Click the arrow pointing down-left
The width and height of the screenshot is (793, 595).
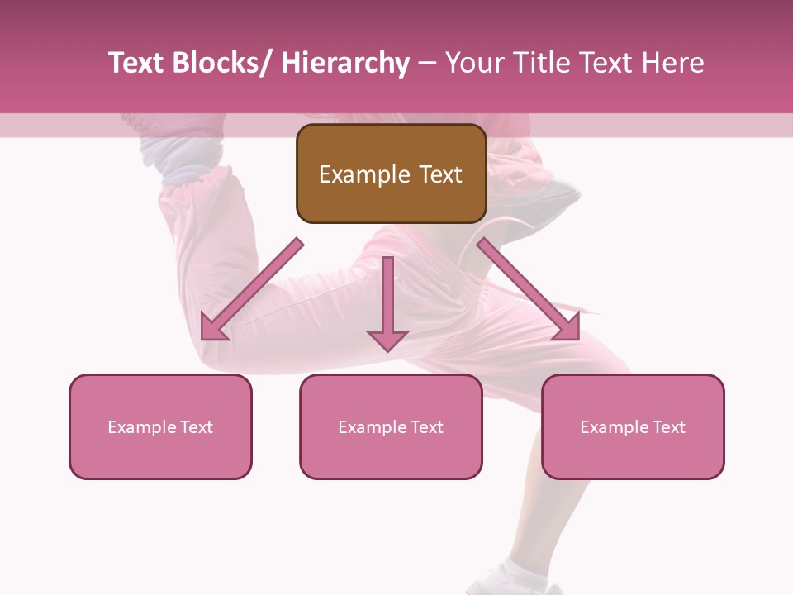tap(250, 291)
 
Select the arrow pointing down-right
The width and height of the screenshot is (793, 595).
tap(529, 290)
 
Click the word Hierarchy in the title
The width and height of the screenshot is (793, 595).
tap(345, 64)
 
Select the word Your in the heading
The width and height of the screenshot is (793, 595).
tap(474, 64)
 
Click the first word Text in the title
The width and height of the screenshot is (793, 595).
tap(135, 64)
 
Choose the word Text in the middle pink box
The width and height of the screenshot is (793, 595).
tap(425, 427)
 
